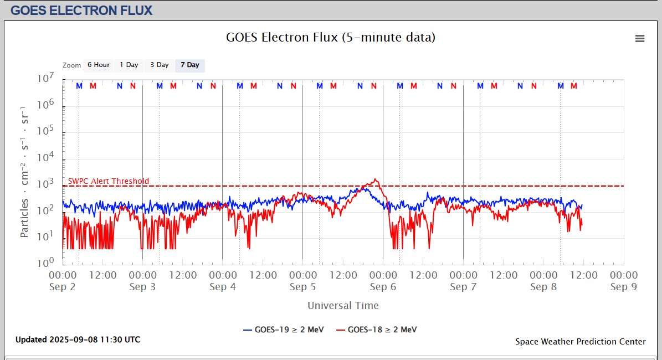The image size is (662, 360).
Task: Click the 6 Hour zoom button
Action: pos(99,65)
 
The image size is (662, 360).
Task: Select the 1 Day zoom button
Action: pos(129,65)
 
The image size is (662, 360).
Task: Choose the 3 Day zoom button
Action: pos(160,65)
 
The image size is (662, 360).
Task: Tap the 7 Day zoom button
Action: pos(190,65)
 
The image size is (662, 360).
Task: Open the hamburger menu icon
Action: pos(640,38)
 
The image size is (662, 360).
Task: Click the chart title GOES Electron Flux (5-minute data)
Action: pos(331,38)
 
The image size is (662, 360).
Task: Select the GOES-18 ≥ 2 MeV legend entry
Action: pos(377,330)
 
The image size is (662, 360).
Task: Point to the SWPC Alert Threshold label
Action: pos(109,181)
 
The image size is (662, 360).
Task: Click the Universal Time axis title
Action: pos(343,305)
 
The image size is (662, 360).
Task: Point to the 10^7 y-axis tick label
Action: pos(45,79)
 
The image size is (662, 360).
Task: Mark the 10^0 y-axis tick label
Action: pos(45,262)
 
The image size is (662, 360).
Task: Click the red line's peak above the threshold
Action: pos(376,179)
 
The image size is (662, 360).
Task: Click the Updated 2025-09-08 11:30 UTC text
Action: pos(78,340)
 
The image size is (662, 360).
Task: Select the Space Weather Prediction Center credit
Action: pos(580,342)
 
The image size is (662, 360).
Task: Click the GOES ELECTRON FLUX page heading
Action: pos(81,10)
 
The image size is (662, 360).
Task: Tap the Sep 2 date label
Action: pos(63,287)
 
